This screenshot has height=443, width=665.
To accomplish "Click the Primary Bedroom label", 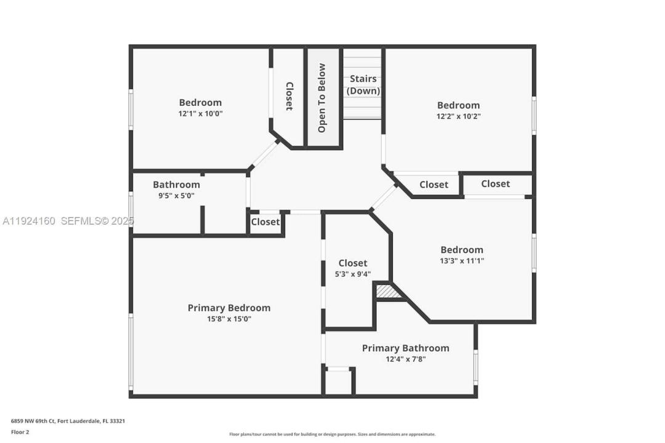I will [228, 308].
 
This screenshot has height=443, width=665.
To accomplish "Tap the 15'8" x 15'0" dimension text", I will [228, 319].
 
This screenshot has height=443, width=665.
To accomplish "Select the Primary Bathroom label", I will [405, 348].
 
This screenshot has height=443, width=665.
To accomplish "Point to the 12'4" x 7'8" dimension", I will [405, 359].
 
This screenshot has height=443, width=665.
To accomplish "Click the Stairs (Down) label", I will [363, 85].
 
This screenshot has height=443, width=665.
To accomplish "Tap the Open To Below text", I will [322, 98].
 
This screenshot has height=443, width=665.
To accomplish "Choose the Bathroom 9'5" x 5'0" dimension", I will [176, 196].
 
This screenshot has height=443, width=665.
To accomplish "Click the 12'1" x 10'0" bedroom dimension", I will [200, 114].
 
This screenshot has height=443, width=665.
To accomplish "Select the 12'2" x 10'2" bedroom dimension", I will [458, 116].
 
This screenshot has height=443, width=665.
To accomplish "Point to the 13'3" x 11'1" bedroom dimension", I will [462, 261].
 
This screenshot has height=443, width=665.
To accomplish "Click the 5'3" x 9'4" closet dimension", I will [353, 274].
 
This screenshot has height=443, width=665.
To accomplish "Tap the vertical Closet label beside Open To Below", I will [289, 96].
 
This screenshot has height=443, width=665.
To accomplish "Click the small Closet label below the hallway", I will [265, 221].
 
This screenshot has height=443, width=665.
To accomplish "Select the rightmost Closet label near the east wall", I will [495, 183].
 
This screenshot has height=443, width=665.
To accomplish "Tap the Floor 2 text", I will [20, 432].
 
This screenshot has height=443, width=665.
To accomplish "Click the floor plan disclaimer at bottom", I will [332, 434].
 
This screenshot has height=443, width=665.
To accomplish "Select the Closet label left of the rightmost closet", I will [433, 185].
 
